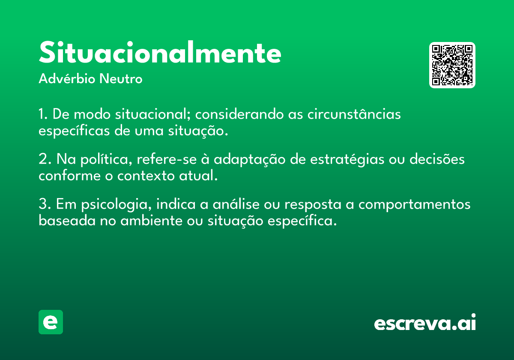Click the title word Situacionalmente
point(160,52)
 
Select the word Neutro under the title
point(121,79)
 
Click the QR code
point(452,65)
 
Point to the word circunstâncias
point(354,114)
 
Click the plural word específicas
point(74,131)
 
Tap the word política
point(106,159)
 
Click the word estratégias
point(347,159)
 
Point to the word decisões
point(437,159)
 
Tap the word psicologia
point(117,204)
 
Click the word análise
point(236,204)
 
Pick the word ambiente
point(152,221)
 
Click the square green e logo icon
point(51,322)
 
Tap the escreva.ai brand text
point(425,322)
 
